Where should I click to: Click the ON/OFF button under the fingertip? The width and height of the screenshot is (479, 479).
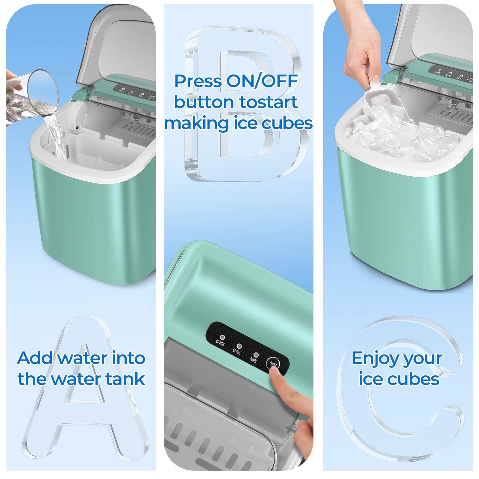(x=273, y=363)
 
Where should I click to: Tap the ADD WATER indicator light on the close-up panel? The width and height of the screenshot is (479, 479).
(x=222, y=337)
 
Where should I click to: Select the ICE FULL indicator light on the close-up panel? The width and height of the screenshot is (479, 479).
(x=239, y=346)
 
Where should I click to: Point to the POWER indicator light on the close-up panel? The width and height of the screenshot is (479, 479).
(x=256, y=355)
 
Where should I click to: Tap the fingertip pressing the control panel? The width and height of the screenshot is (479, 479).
(x=277, y=374)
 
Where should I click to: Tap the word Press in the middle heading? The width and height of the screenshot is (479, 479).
(x=198, y=81)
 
